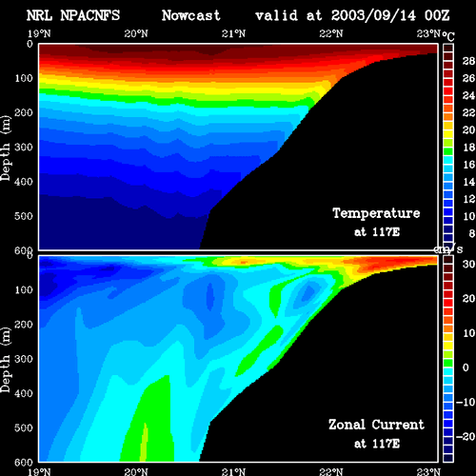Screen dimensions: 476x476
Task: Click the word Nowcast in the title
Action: click(190, 15)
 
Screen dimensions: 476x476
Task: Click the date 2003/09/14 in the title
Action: click(373, 15)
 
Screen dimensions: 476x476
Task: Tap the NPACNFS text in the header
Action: click(90, 15)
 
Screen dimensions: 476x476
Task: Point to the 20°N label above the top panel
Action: click(136, 33)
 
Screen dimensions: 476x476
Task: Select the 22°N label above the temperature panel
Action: click(331, 33)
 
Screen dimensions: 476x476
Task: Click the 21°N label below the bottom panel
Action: click(233, 471)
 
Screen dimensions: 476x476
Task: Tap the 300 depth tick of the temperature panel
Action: click(24, 148)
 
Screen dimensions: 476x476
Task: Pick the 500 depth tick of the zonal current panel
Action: click(24, 427)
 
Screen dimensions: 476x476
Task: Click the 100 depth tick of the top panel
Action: click(24, 78)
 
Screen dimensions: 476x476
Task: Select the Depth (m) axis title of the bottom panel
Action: click(6, 360)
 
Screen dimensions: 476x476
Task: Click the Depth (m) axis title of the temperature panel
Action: click(6, 149)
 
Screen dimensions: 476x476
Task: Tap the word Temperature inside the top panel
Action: click(376, 213)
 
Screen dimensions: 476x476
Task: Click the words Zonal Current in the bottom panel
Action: click(376, 425)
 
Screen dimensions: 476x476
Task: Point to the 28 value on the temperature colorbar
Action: click(468, 61)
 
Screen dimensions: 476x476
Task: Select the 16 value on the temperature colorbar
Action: click(468, 165)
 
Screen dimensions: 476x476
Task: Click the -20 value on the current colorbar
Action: click(466, 437)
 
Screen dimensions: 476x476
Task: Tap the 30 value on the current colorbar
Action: click(468, 265)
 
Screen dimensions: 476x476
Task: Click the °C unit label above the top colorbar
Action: click(448, 36)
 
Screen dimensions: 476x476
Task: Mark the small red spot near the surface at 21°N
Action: click(244, 263)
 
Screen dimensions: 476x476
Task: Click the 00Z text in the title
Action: click(437, 15)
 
